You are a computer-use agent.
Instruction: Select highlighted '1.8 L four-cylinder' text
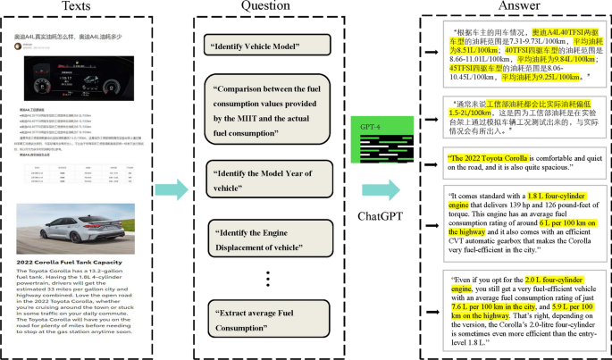[558, 195]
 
